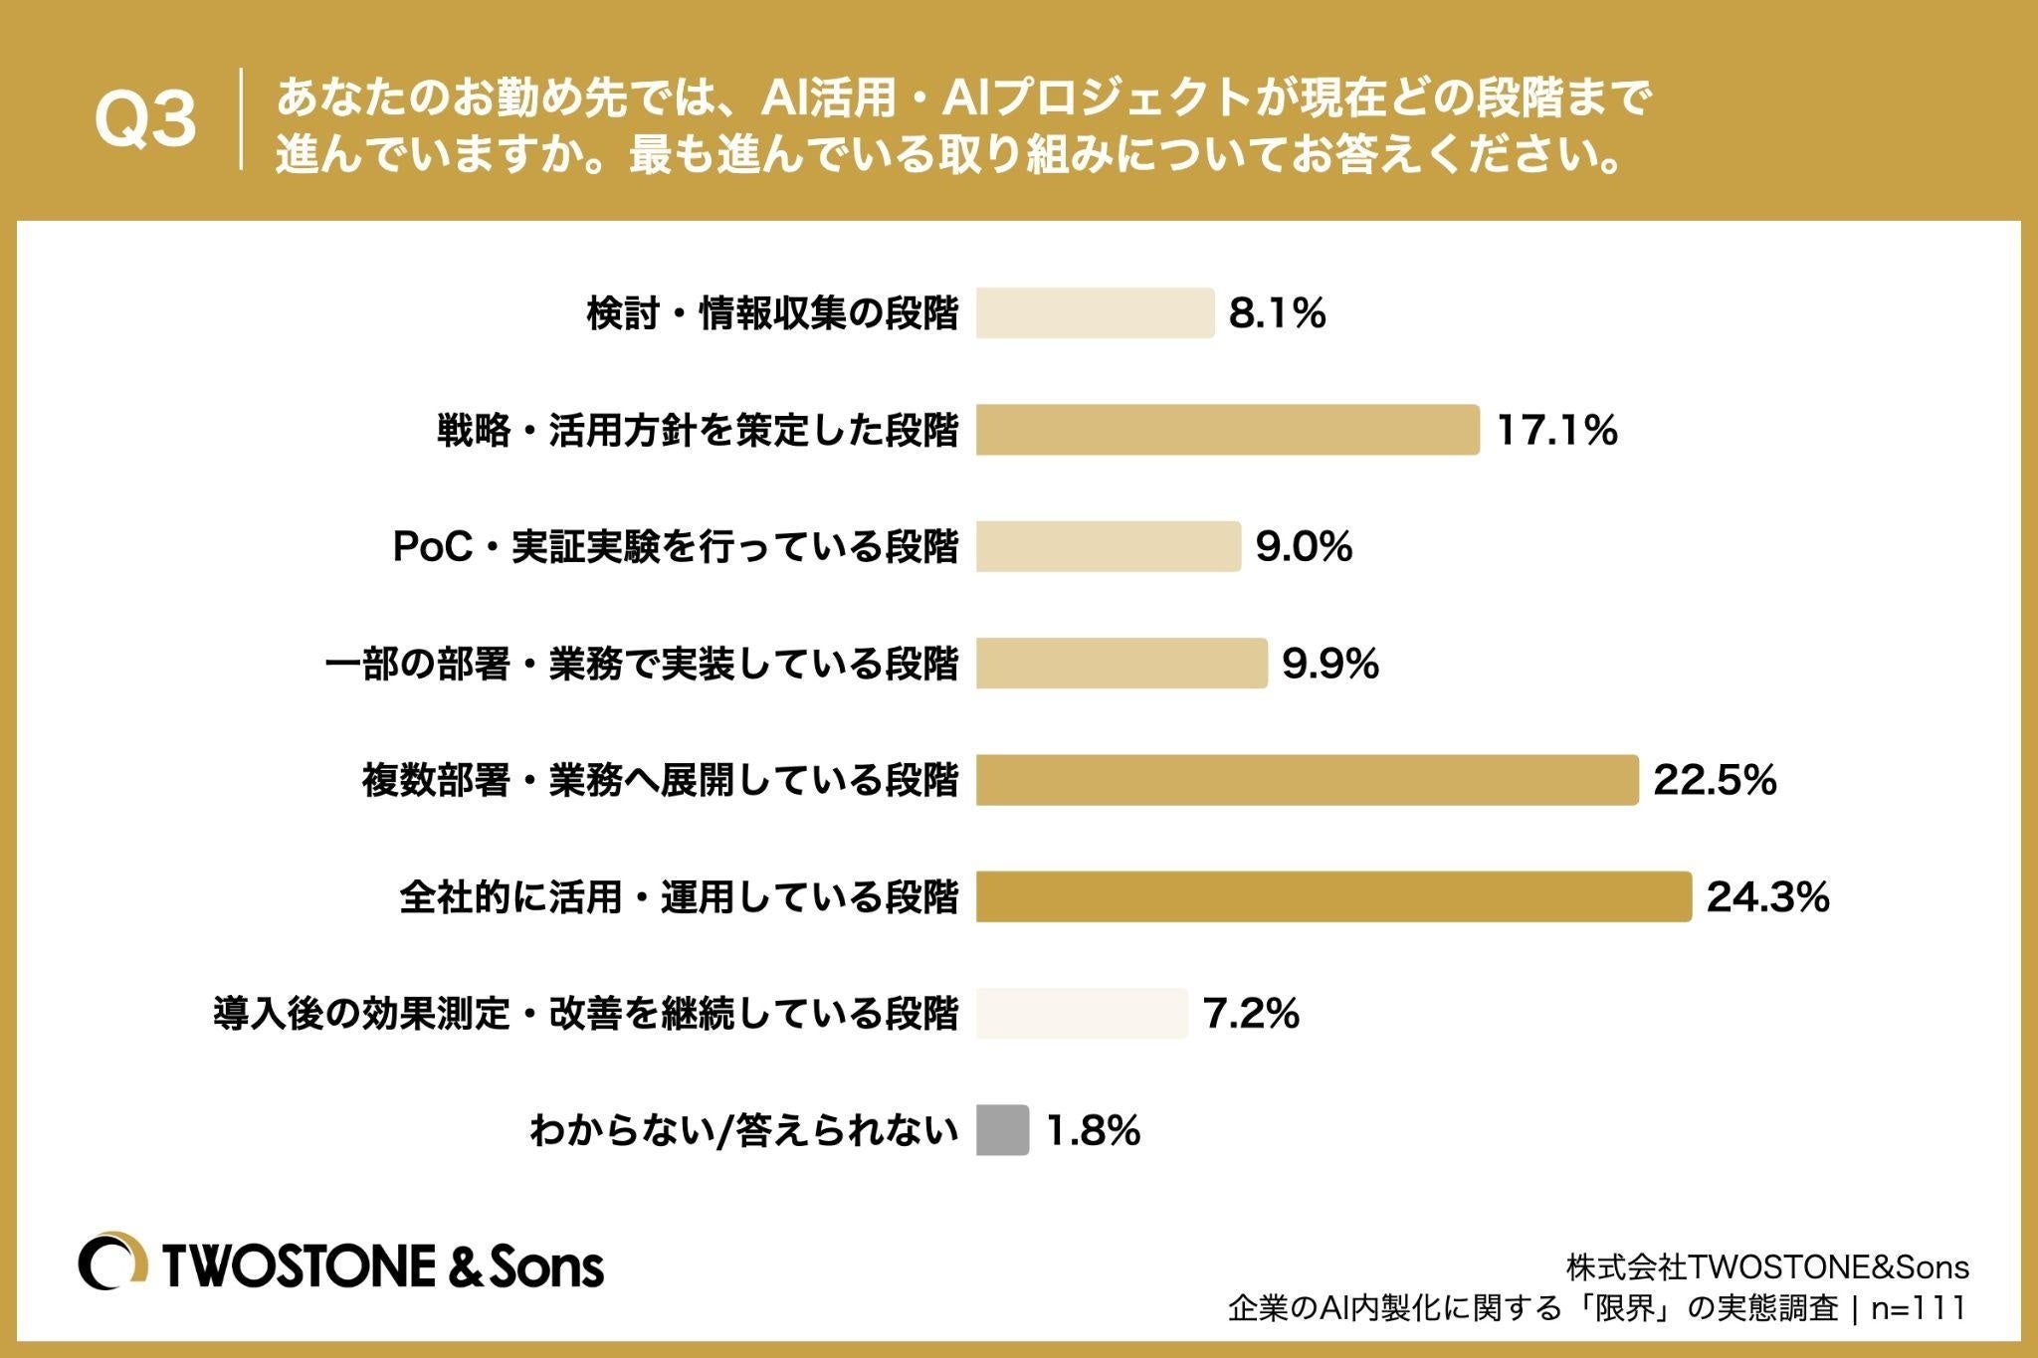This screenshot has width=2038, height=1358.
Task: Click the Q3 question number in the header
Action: pos(146,121)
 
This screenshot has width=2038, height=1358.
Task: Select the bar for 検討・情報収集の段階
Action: pos(1095,313)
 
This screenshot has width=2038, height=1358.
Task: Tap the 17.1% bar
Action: pos(1227,430)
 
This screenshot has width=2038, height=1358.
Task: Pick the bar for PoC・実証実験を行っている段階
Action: pos(1109,546)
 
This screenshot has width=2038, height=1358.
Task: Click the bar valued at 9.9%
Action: pos(1121,663)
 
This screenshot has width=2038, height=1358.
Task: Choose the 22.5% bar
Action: pos(1307,780)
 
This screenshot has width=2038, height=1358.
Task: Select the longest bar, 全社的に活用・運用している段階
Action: pos(1333,896)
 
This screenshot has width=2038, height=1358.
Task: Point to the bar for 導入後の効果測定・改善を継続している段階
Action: pos(1082,1013)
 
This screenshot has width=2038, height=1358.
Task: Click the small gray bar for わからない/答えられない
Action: pos(1002,1129)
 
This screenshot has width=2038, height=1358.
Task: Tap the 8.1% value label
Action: pos(1278,313)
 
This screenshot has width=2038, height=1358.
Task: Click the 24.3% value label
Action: pos(1768,896)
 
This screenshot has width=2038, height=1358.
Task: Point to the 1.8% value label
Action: pos(1093,1130)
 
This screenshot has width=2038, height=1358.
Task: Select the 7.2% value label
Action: pos(1251,1014)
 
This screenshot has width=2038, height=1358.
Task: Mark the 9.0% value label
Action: pos(1305,546)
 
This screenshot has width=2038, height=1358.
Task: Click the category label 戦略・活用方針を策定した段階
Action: pos(698,431)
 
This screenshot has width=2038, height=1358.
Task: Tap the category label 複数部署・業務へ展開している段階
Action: pos(661,781)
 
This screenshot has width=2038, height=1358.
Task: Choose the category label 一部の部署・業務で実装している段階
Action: pos(642,664)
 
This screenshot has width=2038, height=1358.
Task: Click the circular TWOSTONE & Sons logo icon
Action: pos(113,1264)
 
